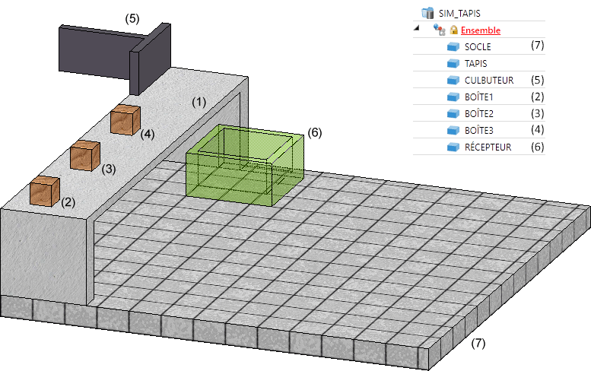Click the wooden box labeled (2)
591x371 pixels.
coord(45,190)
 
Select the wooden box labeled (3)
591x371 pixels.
coord(85,156)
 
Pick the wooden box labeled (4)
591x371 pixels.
coord(126,121)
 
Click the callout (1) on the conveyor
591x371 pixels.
coord(199,101)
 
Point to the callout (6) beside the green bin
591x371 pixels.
coord(315,132)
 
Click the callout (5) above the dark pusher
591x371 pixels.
coord(132,18)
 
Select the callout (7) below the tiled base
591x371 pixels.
coord(478,343)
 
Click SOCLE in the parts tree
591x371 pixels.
coord(478,47)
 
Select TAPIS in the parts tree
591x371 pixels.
coord(475,64)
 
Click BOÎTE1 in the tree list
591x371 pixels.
coord(479,97)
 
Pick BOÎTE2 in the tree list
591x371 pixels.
coord(479,113)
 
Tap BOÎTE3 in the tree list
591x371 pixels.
coord(479,130)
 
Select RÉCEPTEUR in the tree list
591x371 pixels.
coord(488,147)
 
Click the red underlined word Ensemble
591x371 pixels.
coord(481,30)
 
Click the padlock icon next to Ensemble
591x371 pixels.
coord(453,30)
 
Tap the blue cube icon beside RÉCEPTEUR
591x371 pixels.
coord(454,147)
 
